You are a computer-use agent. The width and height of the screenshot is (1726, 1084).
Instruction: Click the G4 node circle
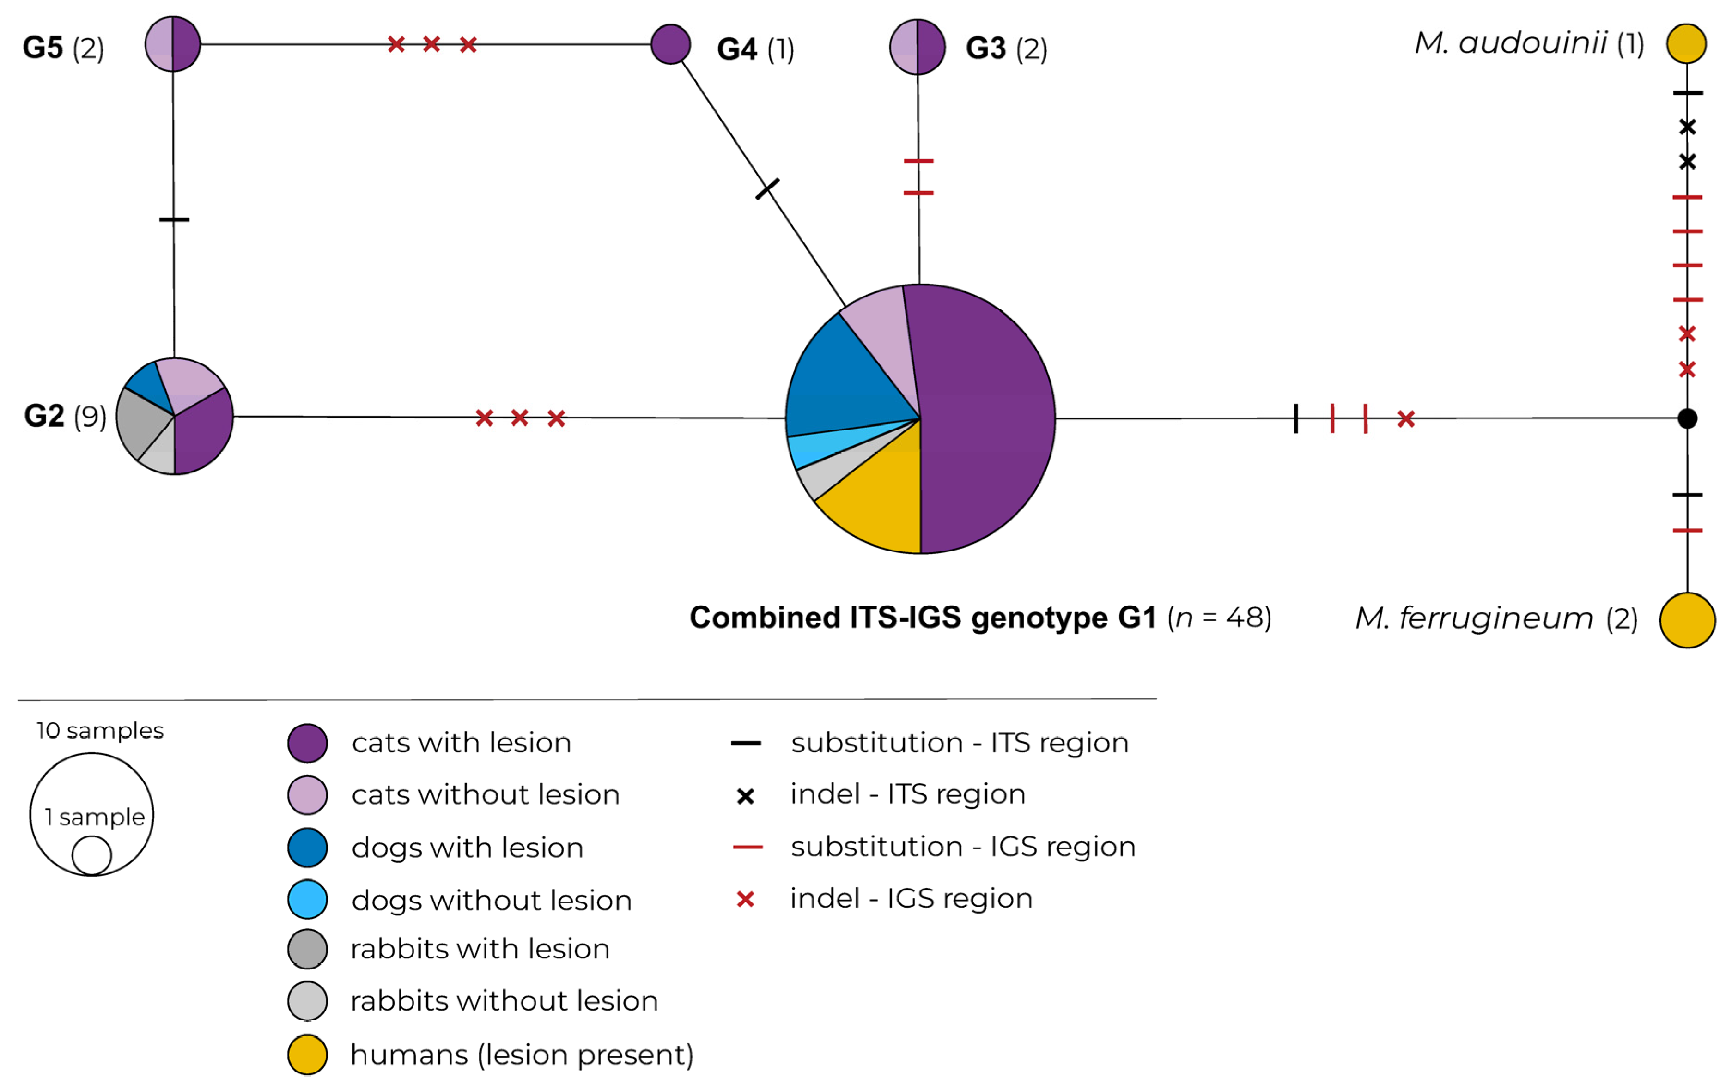click(x=670, y=44)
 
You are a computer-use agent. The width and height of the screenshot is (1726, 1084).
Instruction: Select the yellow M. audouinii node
click(x=1686, y=44)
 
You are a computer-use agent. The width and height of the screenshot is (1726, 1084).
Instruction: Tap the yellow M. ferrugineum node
click(x=1687, y=620)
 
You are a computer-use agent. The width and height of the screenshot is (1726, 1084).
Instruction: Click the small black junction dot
click(x=1687, y=418)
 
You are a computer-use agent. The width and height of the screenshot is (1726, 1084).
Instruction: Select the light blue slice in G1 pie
click(x=814, y=448)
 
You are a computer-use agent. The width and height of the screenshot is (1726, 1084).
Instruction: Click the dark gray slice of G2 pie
click(x=140, y=423)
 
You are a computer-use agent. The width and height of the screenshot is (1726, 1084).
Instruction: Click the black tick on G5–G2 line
click(x=174, y=219)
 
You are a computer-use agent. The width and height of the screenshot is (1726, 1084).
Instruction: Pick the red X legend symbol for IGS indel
click(x=746, y=899)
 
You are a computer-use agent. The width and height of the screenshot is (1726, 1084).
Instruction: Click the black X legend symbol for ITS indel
click(x=746, y=796)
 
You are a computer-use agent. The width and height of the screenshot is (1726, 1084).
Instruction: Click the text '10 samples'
click(x=100, y=730)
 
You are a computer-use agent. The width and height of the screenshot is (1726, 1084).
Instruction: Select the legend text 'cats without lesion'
click(x=485, y=794)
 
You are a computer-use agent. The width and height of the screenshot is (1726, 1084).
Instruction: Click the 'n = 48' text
click(x=1219, y=618)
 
